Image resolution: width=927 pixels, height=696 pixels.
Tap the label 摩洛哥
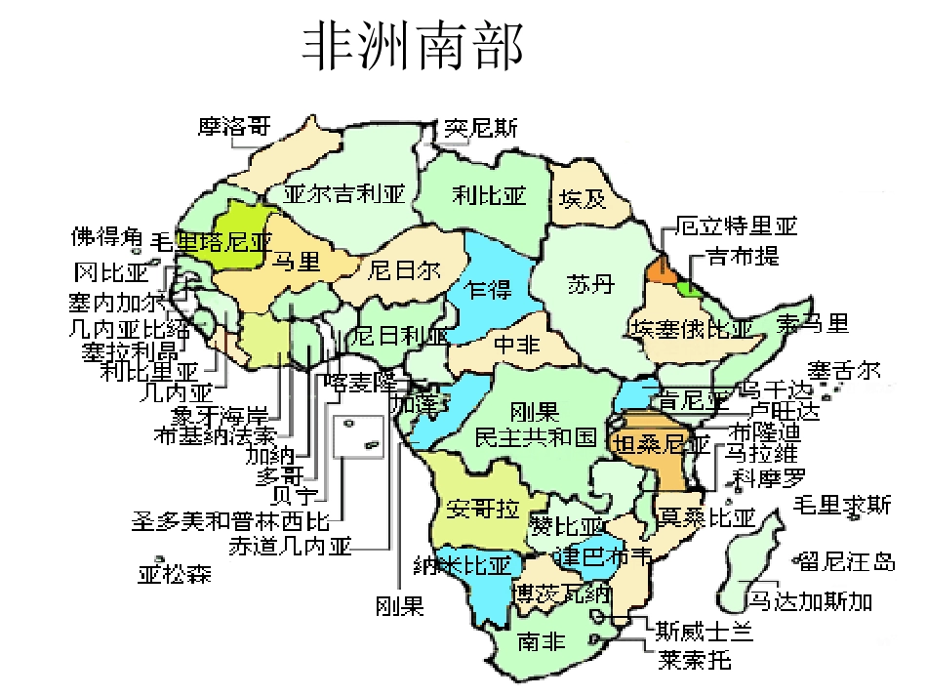234,127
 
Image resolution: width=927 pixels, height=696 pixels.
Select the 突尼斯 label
481,128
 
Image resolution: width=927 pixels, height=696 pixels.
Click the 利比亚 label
489,196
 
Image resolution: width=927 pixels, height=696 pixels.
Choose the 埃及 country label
583,200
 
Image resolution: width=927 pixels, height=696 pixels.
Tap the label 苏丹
591,284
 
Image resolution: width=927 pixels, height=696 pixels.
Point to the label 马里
296,261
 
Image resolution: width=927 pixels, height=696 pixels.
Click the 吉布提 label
744,257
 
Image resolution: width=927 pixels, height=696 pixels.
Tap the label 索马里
813,324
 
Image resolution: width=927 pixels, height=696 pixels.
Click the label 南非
542,641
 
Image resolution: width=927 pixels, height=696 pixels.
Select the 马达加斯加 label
810,600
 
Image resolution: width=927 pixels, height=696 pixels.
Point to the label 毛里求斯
842,506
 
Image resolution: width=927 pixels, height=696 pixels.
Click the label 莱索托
695,661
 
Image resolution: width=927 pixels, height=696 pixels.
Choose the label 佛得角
106,236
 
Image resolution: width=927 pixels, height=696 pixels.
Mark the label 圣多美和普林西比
231,519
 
